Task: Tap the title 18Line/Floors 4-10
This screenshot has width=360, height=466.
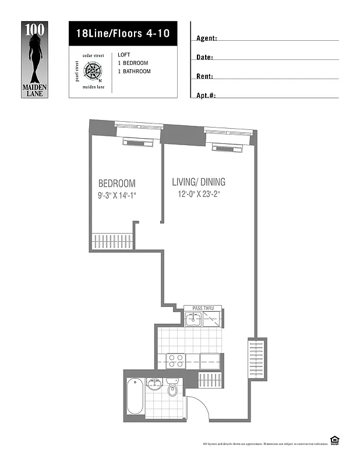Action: (x=122, y=33)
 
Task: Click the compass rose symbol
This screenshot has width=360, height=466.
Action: (x=93, y=72)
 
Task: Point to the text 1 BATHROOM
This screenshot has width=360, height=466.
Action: (x=134, y=71)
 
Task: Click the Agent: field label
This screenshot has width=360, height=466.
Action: (x=207, y=38)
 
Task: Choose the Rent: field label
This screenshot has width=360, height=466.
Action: (x=205, y=76)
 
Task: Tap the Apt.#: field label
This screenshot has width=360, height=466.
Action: (x=206, y=95)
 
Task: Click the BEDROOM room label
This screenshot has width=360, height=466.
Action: (x=117, y=183)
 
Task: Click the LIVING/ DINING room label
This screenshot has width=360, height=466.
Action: (x=199, y=182)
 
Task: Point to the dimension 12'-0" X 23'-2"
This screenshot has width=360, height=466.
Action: (x=200, y=195)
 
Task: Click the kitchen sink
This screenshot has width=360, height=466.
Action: (x=193, y=319)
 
